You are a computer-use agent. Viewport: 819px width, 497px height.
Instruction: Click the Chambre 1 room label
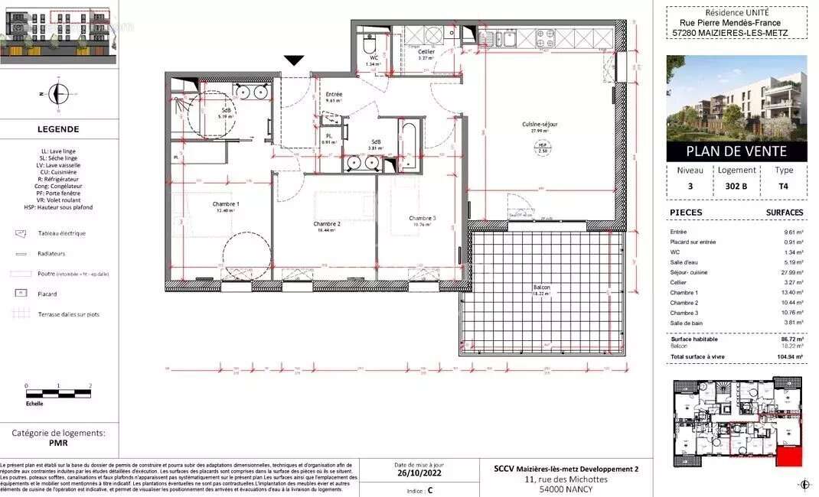point(226,204)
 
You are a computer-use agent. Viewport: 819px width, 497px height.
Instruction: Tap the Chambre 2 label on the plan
point(327,224)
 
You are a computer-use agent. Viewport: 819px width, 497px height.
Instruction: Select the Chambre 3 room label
point(422,218)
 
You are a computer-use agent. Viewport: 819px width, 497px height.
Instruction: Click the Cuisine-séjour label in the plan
point(540,124)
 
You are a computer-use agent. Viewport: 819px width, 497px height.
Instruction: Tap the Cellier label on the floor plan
point(426,52)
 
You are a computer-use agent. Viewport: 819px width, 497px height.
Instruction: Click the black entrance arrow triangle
point(294,60)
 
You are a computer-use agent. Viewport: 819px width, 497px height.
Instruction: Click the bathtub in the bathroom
point(409,145)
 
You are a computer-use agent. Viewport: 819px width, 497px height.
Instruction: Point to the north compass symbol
point(57,94)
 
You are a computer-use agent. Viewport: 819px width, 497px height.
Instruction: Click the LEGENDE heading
point(59,129)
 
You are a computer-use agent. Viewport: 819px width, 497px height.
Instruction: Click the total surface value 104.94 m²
point(789,356)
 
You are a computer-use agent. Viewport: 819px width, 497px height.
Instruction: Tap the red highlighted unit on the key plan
point(789,457)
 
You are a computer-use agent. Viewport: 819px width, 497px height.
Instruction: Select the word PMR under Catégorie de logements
point(58,442)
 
